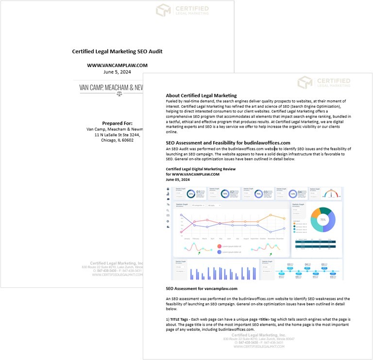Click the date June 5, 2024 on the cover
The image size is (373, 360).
(x=117, y=72)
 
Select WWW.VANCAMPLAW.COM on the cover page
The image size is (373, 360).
(x=117, y=65)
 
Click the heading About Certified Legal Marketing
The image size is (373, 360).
(x=201, y=96)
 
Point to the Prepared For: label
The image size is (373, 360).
(x=117, y=123)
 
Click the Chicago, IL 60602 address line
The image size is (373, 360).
(x=117, y=140)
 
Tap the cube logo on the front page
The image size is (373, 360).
(x=305, y=82)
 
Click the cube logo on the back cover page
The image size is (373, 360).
(x=163, y=10)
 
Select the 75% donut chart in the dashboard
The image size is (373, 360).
(x=322, y=220)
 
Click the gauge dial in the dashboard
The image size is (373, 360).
(x=332, y=193)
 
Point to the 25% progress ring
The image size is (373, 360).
(x=191, y=194)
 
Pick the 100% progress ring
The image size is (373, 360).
(x=292, y=194)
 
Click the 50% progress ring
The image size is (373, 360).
(x=225, y=194)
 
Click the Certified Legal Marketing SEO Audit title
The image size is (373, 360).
(x=117, y=51)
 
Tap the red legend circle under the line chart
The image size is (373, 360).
(x=220, y=246)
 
